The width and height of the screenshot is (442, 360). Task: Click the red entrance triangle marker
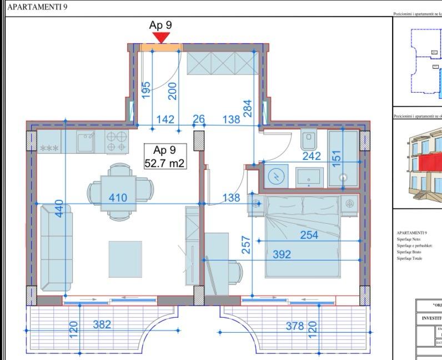pyautogui.click(x=161, y=37)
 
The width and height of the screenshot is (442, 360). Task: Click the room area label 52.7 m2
pyautogui.click(x=164, y=163)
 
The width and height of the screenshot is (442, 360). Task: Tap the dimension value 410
pyautogui.click(x=118, y=197)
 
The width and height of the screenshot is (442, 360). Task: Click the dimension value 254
pyautogui.click(x=309, y=235)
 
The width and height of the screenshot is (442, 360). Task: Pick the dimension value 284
pyautogui.click(x=248, y=109)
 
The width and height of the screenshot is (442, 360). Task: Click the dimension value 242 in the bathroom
pyautogui.click(x=312, y=156)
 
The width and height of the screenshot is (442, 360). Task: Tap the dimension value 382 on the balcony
pyautogui.click(x=102, y=324)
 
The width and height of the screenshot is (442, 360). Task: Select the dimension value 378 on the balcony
pyautogui.click(x=294, y=326)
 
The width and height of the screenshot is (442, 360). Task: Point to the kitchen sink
pyautogui.click(x=86, y=142)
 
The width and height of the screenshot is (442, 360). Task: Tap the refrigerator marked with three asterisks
pyautogui.click(x=49, y=144)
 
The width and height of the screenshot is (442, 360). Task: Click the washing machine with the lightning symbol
pyautogui.click(x=276, y=177)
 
